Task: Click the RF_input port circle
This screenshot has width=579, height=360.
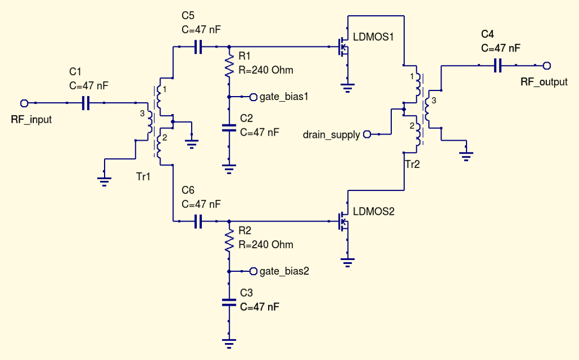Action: click(24, 103)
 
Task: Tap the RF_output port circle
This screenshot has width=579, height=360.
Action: click(547, 66)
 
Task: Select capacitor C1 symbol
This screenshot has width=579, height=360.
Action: click(86, 103)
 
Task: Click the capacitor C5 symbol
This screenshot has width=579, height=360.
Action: click(198, 47)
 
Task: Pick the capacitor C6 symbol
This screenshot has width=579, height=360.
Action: click(198, 222)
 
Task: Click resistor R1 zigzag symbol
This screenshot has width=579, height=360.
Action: click(229, 66)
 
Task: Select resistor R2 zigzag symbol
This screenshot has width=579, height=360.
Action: click(229, 241)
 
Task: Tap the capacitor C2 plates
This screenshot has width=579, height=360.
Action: click(229, 128)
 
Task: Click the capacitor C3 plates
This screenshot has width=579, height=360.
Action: click(229, 302)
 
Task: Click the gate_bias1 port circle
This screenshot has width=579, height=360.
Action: click(253, 97)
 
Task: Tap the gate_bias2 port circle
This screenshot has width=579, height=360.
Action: click(253, 271)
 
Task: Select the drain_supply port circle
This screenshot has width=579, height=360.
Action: click(366, 135)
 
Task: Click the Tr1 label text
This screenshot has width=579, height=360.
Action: click(144, 176)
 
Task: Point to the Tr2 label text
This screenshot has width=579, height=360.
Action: click(412, 164)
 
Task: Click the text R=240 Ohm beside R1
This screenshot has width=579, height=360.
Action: click(266, 70)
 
